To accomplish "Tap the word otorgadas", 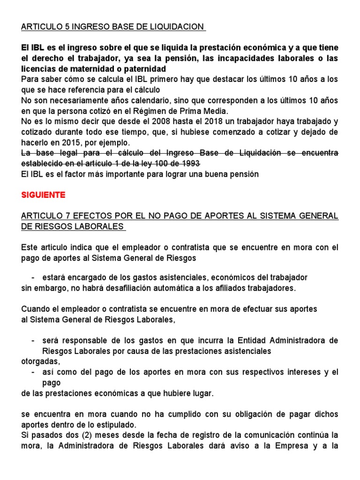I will tap(40, 361).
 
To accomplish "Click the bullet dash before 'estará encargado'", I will tap(33, 277).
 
